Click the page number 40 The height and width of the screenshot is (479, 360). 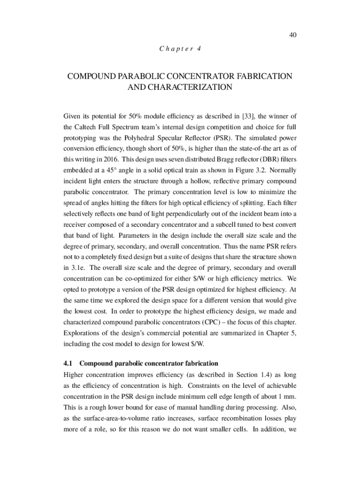point(293,35)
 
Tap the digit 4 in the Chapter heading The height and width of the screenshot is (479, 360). point(199,49)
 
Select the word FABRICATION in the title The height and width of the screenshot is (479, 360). point(261,76)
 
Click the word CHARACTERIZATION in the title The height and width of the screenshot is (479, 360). point(180,87)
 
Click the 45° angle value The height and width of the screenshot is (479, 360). point(113,170)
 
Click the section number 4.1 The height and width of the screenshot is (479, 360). point(68,363)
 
